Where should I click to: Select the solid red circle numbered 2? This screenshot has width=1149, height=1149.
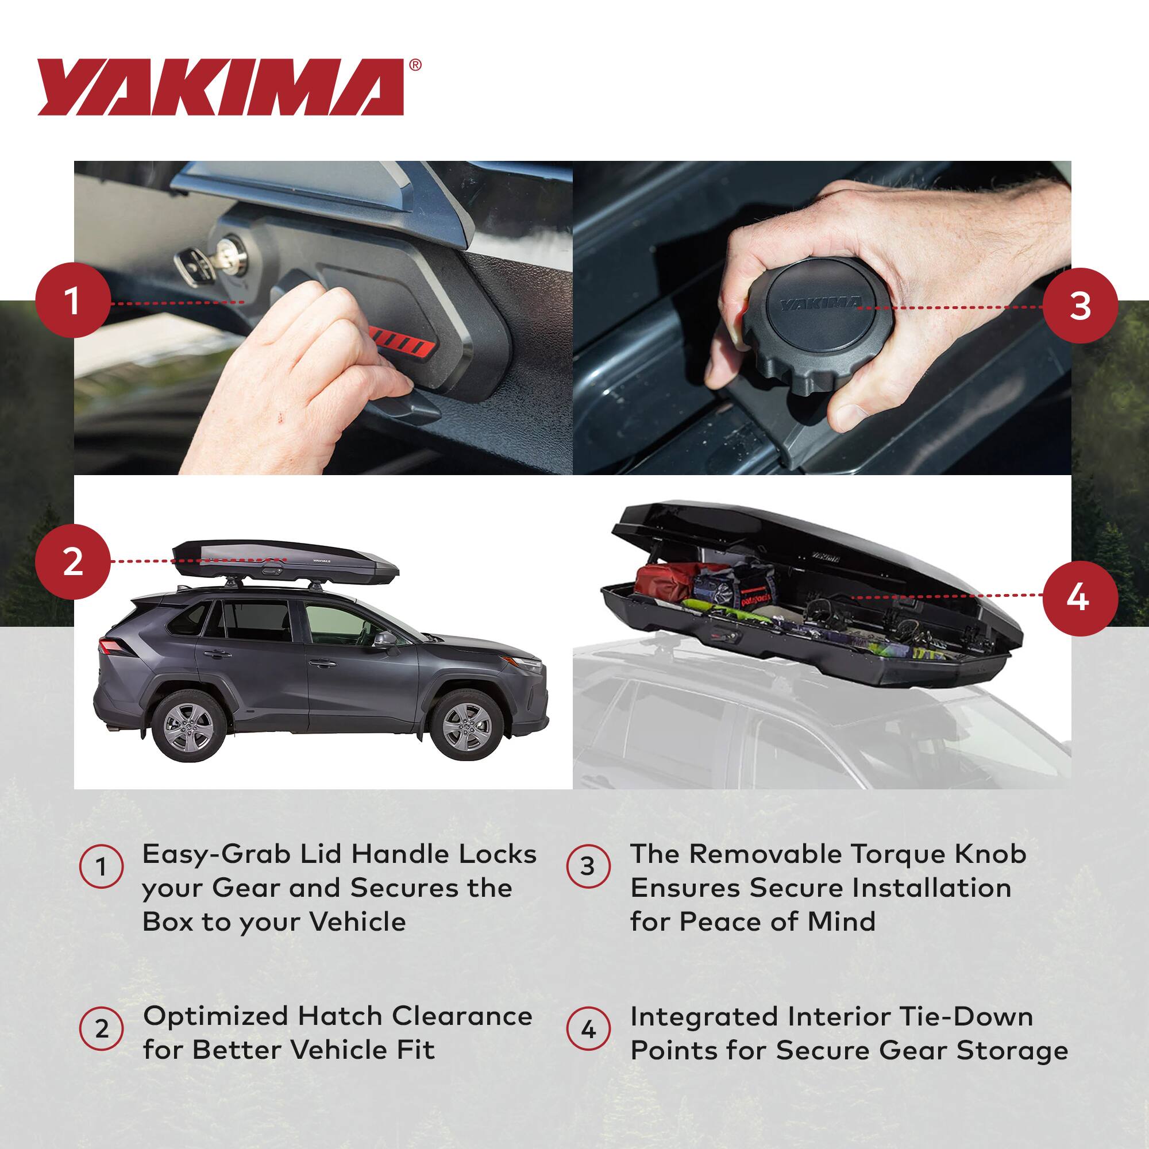[x=72, y=561]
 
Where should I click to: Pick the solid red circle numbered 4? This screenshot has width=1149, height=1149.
[x=1081, y=597]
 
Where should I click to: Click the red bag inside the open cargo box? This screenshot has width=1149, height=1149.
[x=663, y=580]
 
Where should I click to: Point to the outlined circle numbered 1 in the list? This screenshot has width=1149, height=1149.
[x=102, y=867]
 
